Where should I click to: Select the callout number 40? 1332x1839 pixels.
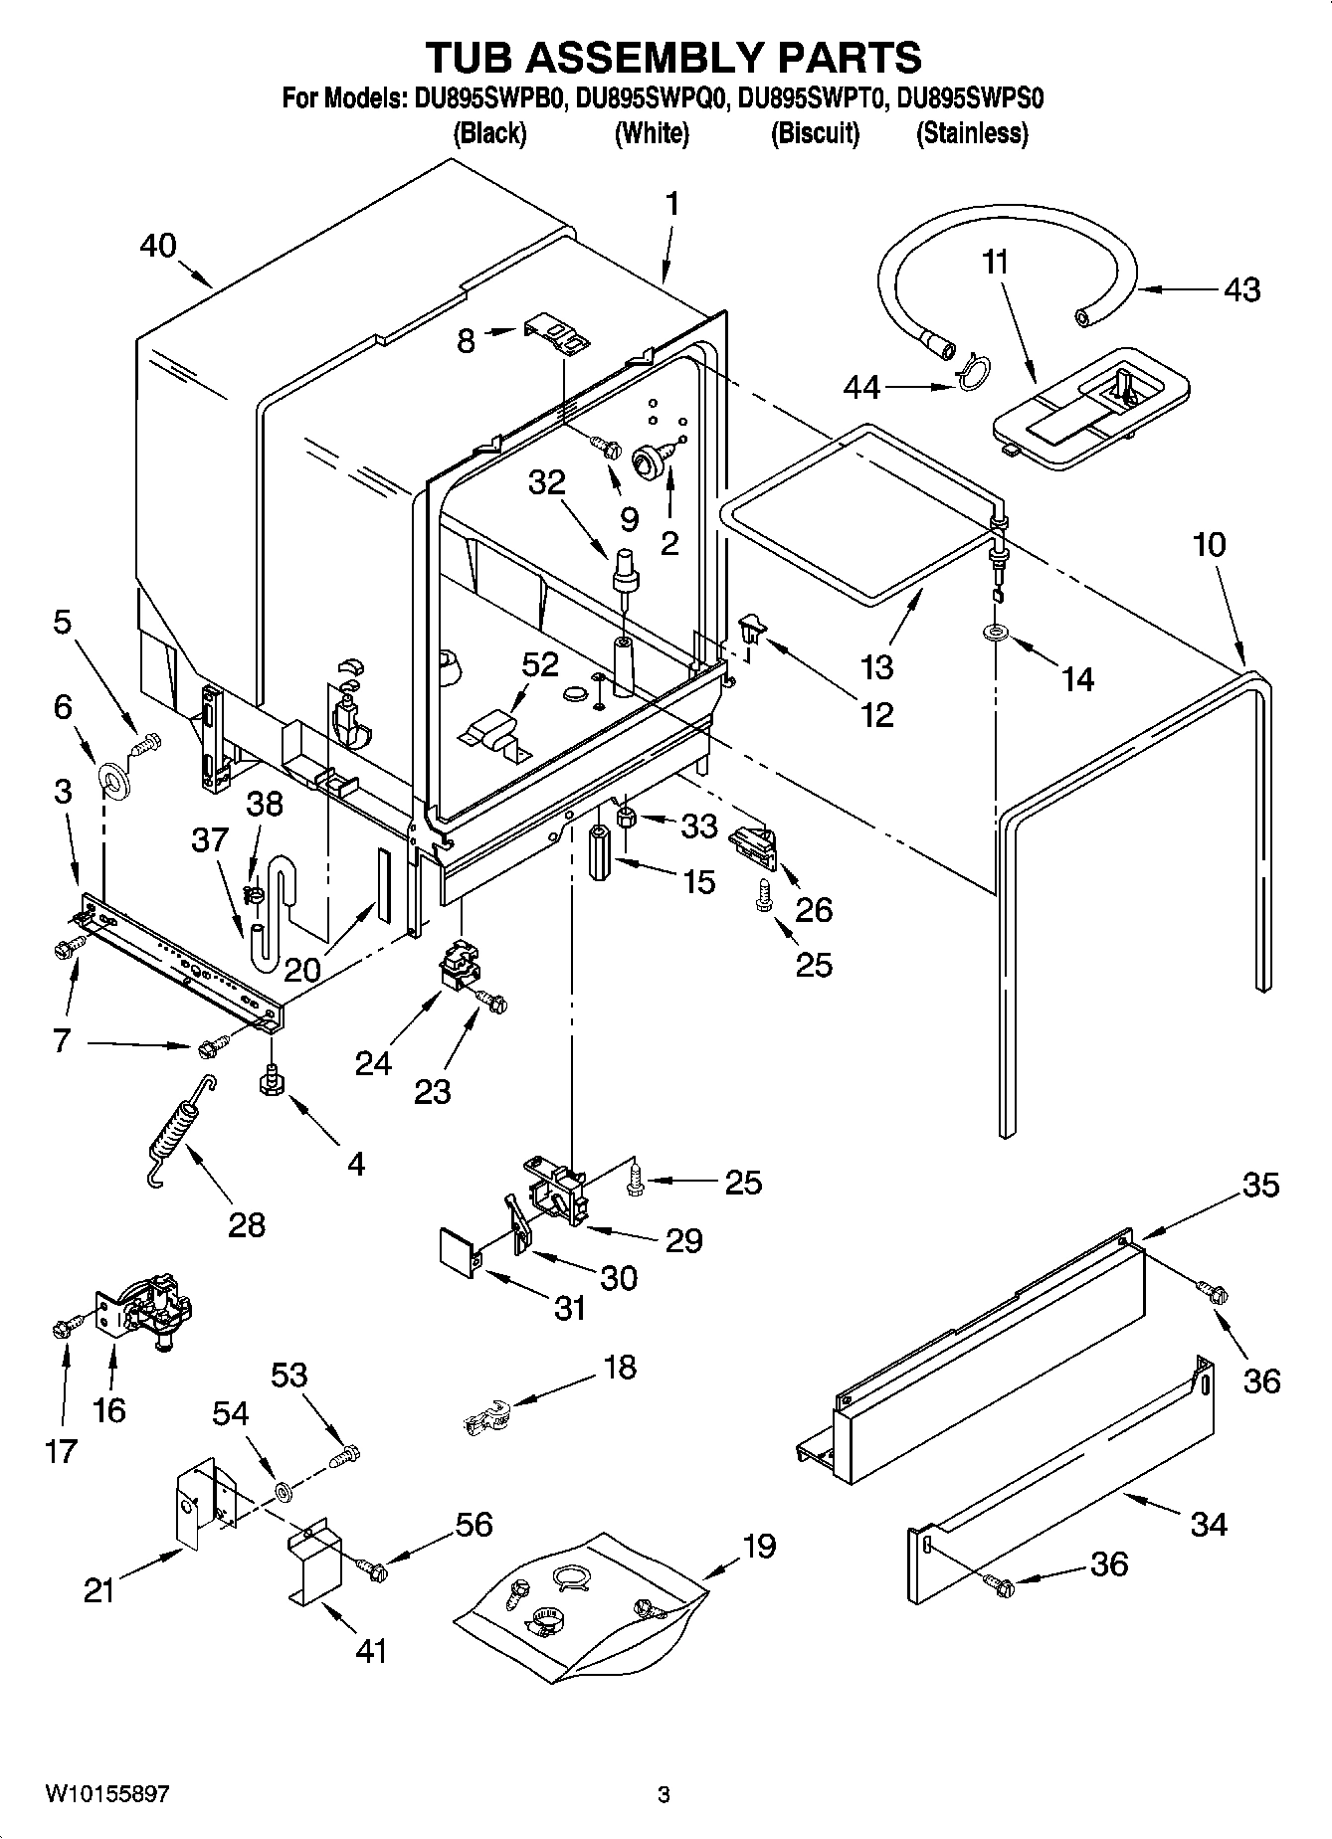pyautogui.click(x=158, y=246)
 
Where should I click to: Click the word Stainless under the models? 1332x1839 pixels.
pyautogui.click(x=971, y=132)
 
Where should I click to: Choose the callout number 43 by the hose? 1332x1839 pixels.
pyautogui.click(x=1242, y=289)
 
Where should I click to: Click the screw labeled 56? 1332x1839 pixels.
pyautogui.click(x=374, y=1569)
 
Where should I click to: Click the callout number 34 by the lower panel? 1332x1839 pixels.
pyautogui.click(x=1209, y=1524)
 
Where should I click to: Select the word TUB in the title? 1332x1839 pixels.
pyautogui.click(x=476, y=58)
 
